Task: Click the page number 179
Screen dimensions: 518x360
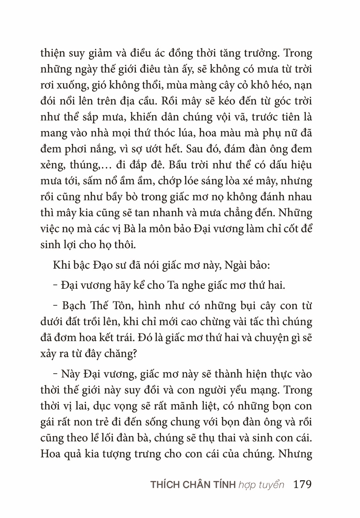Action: coord(302,484)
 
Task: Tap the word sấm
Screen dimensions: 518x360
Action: coord(93,181)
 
